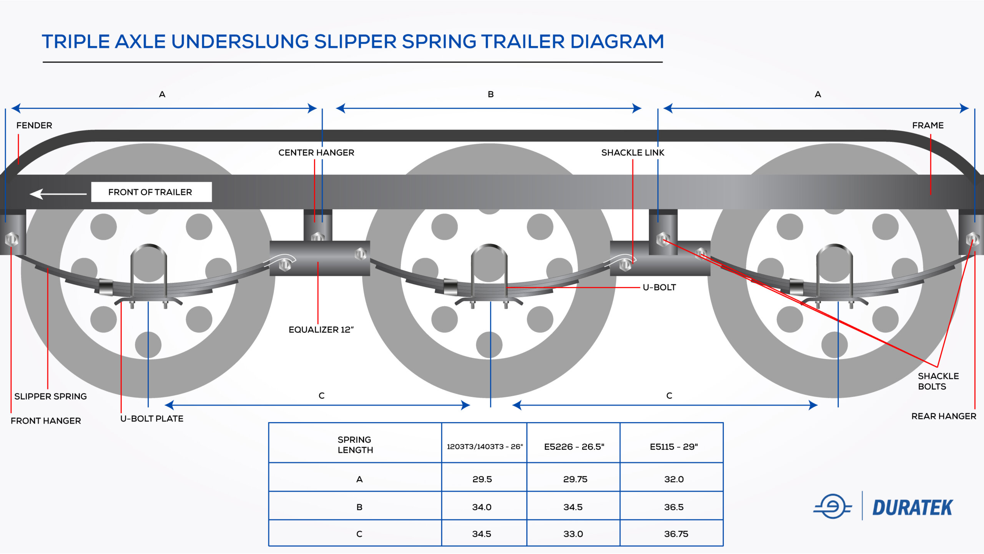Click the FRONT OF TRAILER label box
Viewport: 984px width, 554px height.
point(151,192)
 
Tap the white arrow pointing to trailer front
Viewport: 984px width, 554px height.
point(58,194)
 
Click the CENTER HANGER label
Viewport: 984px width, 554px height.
point(316,153)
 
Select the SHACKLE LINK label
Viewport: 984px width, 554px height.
point(632,153)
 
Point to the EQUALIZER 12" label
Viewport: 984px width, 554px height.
point(321,330)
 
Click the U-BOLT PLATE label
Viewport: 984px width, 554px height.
point(152,419)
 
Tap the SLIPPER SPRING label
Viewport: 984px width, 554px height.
point(50,396)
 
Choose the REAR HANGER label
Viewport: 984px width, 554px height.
point(943,416)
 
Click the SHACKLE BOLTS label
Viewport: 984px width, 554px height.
point(938,381)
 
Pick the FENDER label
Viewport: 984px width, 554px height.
point(34,125)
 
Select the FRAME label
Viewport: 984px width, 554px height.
point(927,125)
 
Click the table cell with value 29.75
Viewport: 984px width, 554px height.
point(575,479)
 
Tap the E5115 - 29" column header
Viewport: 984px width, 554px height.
point(673,447)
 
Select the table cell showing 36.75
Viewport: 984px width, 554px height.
point(676,534)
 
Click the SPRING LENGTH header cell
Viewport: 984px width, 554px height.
point(355,445)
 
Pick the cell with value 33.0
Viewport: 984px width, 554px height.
point(573,534)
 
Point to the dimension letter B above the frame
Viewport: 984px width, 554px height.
point(490,94)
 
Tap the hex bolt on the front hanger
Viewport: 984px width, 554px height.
point(12,239)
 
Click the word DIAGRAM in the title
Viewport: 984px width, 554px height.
point(617,42)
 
